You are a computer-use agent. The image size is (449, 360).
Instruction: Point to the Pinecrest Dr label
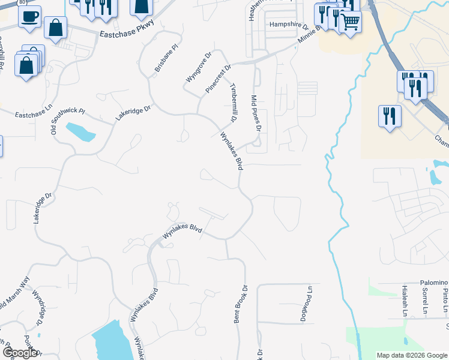[218, 79]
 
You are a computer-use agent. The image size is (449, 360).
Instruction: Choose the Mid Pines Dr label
[256, 113]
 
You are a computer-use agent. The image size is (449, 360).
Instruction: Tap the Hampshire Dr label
[288, 26]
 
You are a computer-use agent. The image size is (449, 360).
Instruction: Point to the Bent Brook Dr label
[240, 304]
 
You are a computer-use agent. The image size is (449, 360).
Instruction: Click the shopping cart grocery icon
[350, 22]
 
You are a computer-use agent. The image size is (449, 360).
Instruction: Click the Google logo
[20, 353]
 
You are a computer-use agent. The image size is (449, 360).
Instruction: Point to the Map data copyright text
[411, 355]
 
